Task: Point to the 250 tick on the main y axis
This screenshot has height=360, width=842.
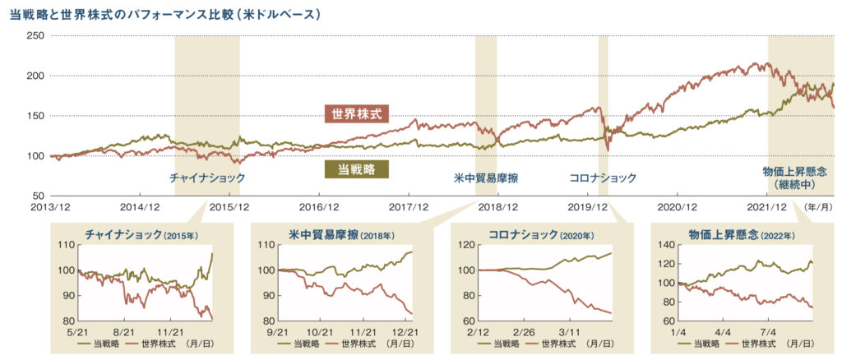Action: click(35, 36)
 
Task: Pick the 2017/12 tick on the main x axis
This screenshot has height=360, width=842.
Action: click(409, 208)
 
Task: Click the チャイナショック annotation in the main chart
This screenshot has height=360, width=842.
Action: click(207, 178)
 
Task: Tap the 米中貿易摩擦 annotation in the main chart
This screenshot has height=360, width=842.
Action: click(486, 178)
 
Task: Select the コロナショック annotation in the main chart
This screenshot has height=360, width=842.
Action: click(603, 178)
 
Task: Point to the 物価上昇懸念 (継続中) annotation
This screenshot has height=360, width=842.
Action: click(793, 178)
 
